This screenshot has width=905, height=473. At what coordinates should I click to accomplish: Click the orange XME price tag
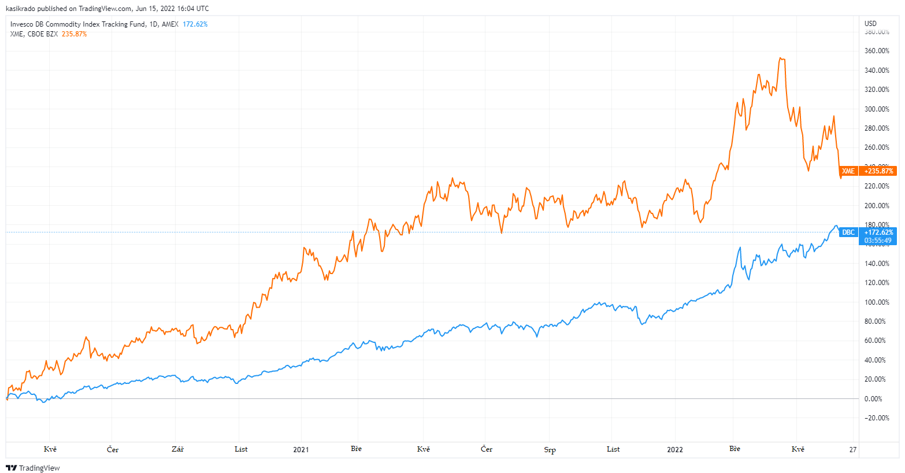pos(848,171)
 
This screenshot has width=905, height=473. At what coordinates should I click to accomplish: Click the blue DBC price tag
pos(848,232)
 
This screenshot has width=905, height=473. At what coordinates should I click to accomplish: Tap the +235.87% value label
pos(878,171)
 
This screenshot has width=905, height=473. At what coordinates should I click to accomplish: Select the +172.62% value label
pos(878,232)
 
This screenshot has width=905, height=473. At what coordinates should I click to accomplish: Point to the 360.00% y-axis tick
pos(877,51)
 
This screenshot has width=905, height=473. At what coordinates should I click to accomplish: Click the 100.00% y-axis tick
pos(877,302)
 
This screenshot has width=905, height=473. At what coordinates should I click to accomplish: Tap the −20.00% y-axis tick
pos(877,418)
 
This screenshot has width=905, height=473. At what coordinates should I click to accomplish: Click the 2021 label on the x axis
pos(301,449)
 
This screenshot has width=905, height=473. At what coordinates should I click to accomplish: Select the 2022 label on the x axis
pos(674,449)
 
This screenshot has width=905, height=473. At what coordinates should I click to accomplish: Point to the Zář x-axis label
pos(177,449)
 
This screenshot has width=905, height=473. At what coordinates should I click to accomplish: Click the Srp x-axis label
pos(550,450)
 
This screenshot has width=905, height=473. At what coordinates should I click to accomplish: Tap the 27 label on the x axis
pos(852,449)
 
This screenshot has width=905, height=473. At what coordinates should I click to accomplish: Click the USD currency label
pos(870,24)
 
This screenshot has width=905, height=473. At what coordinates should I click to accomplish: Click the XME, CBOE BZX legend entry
pos(34,34)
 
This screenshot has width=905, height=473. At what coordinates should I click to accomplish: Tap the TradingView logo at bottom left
pos(33,468)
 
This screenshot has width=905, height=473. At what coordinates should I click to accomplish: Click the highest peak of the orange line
pos(781,58)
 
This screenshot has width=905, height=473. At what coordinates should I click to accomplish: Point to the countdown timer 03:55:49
pos(878,241)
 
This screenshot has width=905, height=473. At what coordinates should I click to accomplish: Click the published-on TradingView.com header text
pos(107,9)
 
